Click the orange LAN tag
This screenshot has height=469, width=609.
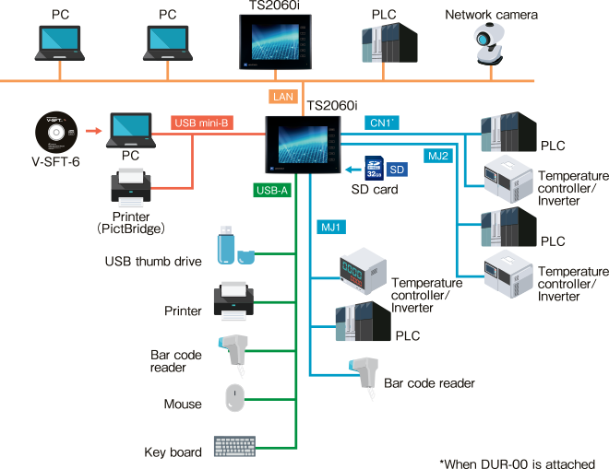(x=282, y=96)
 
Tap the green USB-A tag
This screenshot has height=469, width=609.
(x=271, y=191)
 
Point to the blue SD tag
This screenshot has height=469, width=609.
(x=396, y=170)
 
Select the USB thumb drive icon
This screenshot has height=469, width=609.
(x=233, y=245)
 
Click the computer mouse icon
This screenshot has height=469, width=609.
(x=235, y=397)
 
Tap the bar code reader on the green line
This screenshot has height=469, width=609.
(x=233, y=352)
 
